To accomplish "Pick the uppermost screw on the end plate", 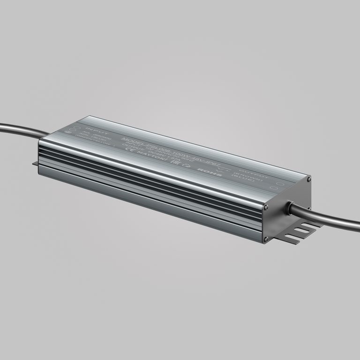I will click(x=308, y=179).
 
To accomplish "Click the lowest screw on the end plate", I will click(x=266, y=239).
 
